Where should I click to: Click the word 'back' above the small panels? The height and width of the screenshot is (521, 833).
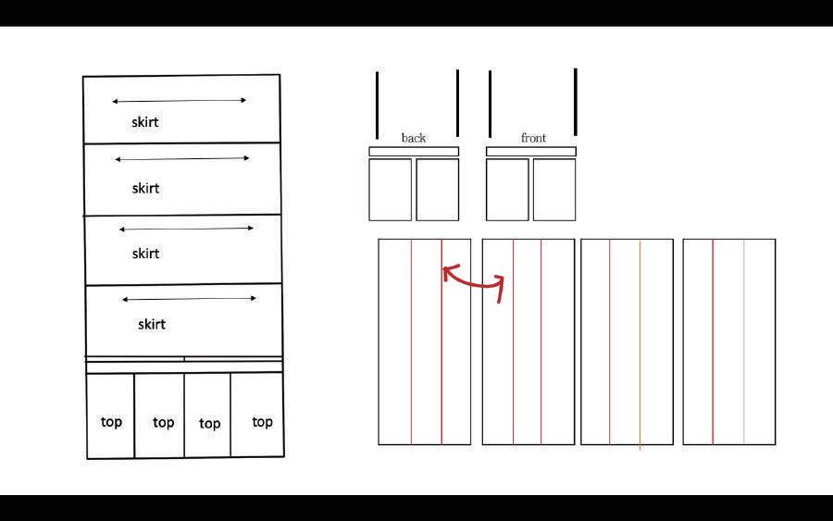click(413, 138)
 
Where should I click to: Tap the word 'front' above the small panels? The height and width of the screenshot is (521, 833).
click(533, 138)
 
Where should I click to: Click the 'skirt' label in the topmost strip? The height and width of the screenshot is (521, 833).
click(145, 121)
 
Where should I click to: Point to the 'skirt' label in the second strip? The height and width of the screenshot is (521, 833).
click(145, 188)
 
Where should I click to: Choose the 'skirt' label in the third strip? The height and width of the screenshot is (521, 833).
click(145, 253)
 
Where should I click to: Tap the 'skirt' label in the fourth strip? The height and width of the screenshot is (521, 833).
click(152, 324)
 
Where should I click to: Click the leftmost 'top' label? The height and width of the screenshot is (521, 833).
click(111, 422)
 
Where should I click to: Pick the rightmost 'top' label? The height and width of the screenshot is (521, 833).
click(262, 422)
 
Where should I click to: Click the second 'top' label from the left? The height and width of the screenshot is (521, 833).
click(163, 422)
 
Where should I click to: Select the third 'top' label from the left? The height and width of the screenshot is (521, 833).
click(210, 424)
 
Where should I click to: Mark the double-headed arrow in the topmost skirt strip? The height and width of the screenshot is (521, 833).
click(180, 100)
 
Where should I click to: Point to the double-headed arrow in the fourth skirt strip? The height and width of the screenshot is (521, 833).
click(189, 299)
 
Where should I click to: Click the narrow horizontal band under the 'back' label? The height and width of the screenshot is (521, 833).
click(414, 152)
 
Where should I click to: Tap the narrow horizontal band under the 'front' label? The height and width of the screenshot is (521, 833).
click(531, 152)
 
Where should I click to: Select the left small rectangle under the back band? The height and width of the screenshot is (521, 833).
click(391, 190)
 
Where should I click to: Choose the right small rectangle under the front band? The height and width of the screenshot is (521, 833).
click(554, 190)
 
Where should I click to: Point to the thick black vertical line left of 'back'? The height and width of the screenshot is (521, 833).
click(378, 105)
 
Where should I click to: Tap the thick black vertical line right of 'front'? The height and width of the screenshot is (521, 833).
click(575, 102)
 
